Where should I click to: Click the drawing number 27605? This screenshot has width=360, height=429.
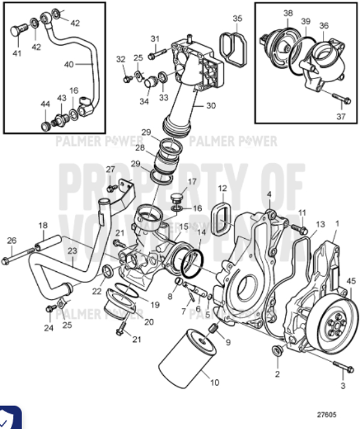click(x=328, y=414)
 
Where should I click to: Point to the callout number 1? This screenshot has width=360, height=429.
click(x=337, y=223)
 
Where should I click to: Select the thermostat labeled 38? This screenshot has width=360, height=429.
click(x=280, y=42)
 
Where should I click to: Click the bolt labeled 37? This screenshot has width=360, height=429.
click(x=340, y=98)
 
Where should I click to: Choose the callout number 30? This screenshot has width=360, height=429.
click(x=210, y=106)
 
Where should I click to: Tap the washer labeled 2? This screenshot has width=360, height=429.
click(x=277, y=351)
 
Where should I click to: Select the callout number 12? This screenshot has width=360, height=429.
click(x=221, y=188)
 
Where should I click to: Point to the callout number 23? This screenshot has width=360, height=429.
click(x=71, y=252)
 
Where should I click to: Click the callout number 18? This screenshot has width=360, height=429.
click(x=43, y=225)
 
